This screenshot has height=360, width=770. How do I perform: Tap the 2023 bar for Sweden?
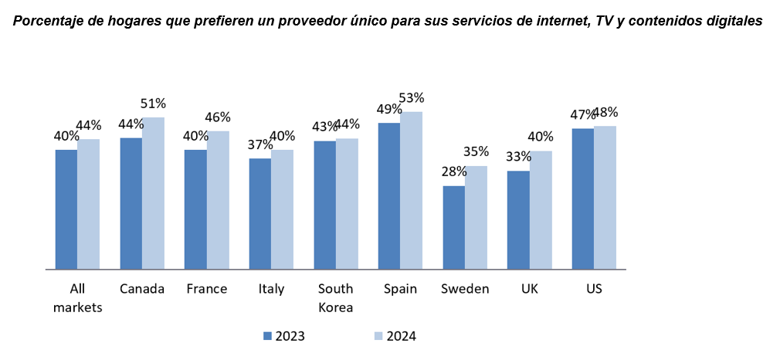click(453, 227)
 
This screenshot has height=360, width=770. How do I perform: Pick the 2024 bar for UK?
click(541, 210)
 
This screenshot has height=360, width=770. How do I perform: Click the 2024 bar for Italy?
click(282, 209)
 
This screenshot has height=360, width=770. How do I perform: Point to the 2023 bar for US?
click(583, 199)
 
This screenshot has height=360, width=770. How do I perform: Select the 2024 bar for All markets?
click(88, 204)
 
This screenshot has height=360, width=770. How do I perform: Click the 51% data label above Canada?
click(154, 104)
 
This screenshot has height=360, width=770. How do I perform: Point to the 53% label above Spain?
click(412, 98)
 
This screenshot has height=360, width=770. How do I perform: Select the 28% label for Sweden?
click(454, 172)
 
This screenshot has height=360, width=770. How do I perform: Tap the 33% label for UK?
click(518, 157)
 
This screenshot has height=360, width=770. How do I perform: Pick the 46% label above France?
click(218, 117)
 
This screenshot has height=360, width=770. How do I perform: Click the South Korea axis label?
click(335, 297)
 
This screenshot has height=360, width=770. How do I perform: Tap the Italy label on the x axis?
click(271, 289)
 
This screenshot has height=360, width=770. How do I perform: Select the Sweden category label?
click(465, 289)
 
